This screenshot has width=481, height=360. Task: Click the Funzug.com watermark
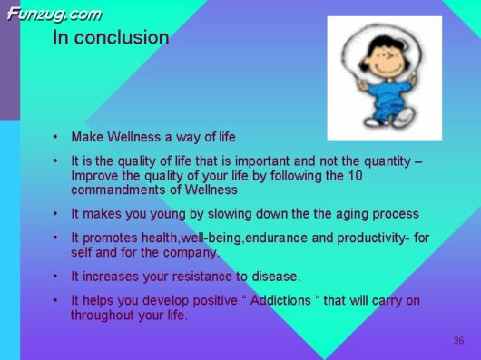click(54, 14)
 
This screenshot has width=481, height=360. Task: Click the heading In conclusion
click(111, 38)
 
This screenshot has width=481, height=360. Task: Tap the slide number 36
click(458, 340)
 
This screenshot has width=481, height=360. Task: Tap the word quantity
click(386, 161)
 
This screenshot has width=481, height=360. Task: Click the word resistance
click(192, 276)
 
